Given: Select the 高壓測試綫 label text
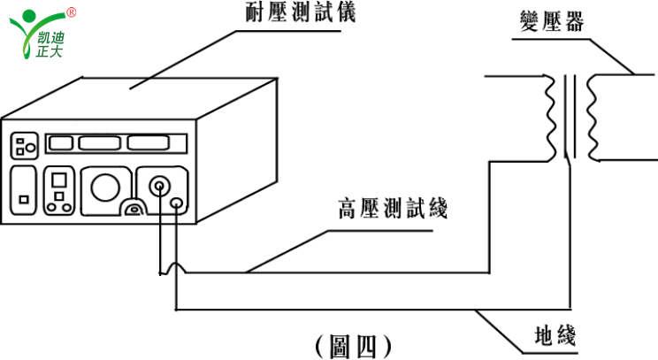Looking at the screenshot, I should point(393,211).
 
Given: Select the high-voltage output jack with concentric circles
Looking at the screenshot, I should point(160,187).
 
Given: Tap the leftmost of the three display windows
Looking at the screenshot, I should point(60,142).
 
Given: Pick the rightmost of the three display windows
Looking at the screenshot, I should point(150,142).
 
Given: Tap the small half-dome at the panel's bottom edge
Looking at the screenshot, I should point(134,210).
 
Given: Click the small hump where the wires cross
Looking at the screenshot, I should point(173,266).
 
